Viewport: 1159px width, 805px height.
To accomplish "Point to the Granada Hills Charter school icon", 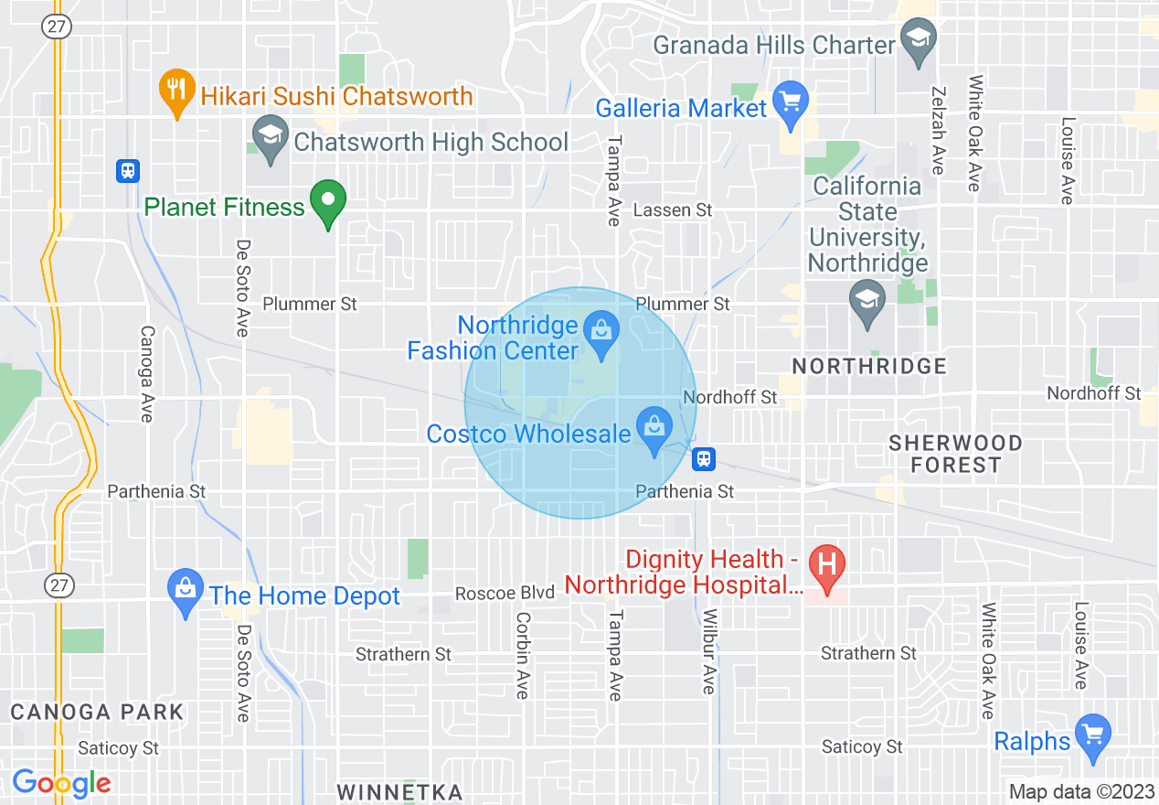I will (x=916, y=40).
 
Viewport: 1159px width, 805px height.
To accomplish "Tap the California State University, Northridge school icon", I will (x=866, y=302).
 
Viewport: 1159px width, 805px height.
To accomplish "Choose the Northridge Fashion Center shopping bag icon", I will (x=601, y=330).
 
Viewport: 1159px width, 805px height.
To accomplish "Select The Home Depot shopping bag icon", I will (x=186, y=590).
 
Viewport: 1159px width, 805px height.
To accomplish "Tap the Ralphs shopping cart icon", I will (x=1092, y=735).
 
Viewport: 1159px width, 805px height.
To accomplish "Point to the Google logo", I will (x=61, y=783).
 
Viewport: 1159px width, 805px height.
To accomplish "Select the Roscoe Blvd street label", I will (x=505, y=594).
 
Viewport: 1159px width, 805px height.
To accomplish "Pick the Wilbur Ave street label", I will (x=708, y=651).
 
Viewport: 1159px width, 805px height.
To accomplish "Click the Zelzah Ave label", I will (x=937, y=130).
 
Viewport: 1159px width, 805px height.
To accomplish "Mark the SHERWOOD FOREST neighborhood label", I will (x=955, y=454).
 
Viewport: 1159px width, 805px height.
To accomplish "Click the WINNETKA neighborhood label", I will (x=399, y=791).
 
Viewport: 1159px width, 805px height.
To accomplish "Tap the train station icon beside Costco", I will (x=703, y=458).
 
